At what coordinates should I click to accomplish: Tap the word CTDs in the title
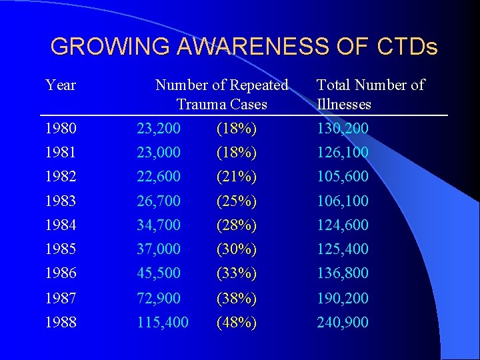pyautogui.click(x=407, y=47)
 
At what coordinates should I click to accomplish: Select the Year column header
pyautogui.click(x=61, y=85)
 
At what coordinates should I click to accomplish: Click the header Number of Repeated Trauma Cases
pyautogui.click(x=221, y=95)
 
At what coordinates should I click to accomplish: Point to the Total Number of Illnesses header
pyautogui.click(x=370, y=95)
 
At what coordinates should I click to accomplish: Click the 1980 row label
pyautogui.click(x=61, y=128)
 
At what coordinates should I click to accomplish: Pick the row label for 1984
pyautogui.click(x=61, y=225)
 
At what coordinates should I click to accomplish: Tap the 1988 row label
pyautogui.click(x=61, y=323)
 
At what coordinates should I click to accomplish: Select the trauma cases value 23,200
pyautogui.click(x=159, y=128)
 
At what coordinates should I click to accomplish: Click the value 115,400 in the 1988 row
pyautogui.click(x=163, y=323)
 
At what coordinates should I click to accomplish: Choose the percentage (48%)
pyautogui.click(x=237, y=323)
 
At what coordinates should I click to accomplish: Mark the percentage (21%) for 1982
pyautogui.click(x=237, y=177)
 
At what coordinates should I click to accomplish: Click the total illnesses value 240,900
pyautogui.click(x=342, y=323)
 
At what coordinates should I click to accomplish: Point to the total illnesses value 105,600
pyautogui.click(x=342, y=177)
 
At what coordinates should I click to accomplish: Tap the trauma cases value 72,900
pyautogui.click(x=159, y=298)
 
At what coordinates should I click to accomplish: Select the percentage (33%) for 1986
pyautogui.click(x=237, y=273)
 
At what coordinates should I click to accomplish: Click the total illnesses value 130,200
pyautogui.click(x=342, y=128)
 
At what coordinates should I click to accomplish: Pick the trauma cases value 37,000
pyautogui.click(x=159, y=249)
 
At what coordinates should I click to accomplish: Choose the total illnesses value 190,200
pyautogui.click(x=342, y=298)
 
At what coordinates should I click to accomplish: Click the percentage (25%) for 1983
pyautogui.click(x=237, y=201)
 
